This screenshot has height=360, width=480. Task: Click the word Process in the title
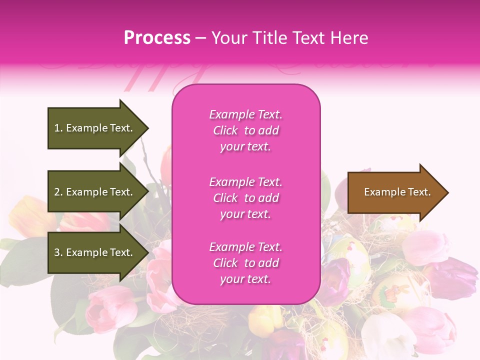[x=157, y=37]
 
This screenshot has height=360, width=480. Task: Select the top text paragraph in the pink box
[x=245, y=130]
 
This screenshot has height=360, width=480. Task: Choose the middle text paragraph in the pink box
[x=245, y=198]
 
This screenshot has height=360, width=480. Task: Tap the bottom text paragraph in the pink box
[x=245, y=263]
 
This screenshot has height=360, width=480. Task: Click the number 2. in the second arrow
[x=58, y=192]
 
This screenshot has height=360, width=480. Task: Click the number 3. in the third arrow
[x=58, y=252]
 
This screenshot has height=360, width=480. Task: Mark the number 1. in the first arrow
[x=58, y=128]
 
